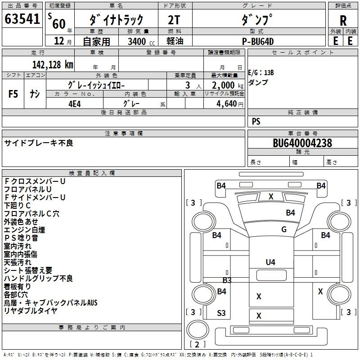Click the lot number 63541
pos(22,19)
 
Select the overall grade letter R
pos(343,21)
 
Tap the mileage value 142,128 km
pos(53,64)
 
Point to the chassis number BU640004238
pos(302,143)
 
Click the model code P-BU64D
pos(258,41)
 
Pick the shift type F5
pos(13,94)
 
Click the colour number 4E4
pos(75,104)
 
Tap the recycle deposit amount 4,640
pos(227,104)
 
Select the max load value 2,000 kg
pos(228,85)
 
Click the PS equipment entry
pos(256,121)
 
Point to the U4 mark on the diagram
pos(270,262)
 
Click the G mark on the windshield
pos(284,229)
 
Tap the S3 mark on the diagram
pos(221,313)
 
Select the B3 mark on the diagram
pos(227,280)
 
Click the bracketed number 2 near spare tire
pos(197,344)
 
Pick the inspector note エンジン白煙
pos(24,229)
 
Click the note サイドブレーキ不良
pos(39,143)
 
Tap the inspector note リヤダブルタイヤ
pos(31,310)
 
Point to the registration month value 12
pos(59,41)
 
